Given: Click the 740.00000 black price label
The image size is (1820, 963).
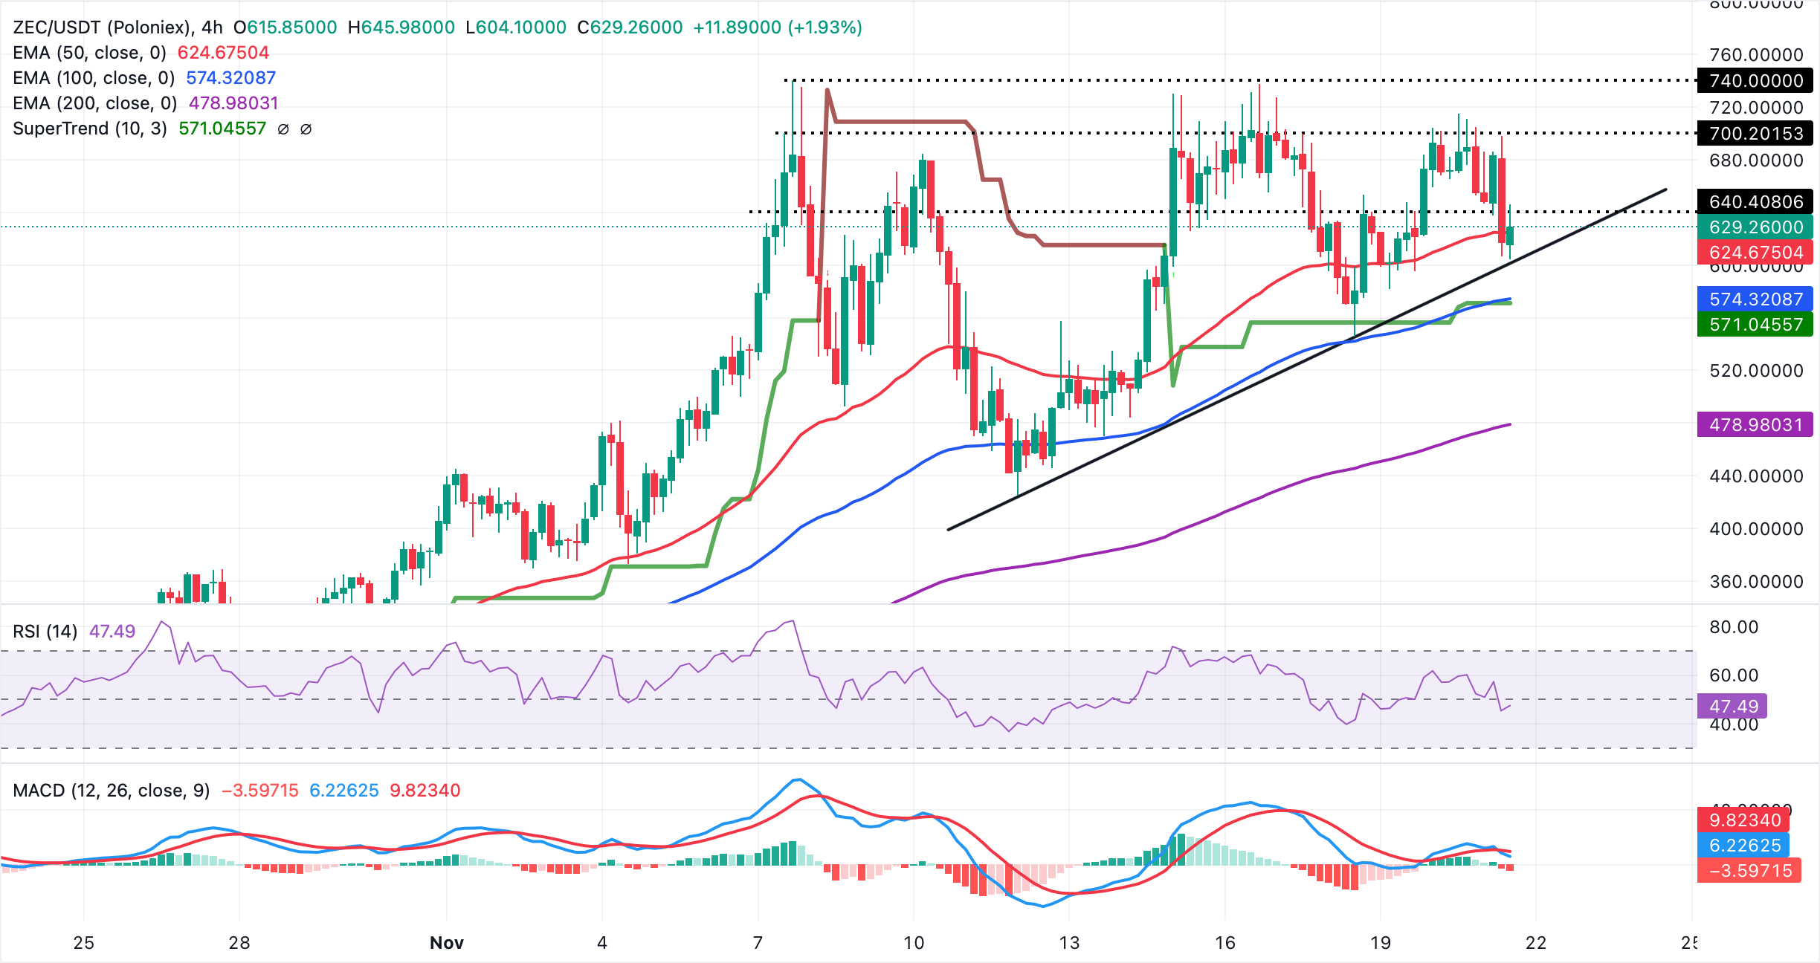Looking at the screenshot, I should click(1755, 80).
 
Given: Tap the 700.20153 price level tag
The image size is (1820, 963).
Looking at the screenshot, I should click(1755, 134).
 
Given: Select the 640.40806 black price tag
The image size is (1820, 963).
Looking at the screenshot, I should click(1755, 201).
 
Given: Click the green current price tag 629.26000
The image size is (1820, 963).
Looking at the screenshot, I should click(1755, 227).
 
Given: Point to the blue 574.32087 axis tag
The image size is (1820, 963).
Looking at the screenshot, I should click(1755, 299).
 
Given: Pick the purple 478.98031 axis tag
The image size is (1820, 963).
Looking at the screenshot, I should click(1755, 425).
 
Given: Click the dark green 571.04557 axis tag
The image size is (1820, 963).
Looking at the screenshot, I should click(1755, 325).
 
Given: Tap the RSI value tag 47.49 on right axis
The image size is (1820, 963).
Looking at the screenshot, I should click(1733, 706).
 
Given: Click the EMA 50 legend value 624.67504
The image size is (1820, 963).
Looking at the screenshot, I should click(223, 53).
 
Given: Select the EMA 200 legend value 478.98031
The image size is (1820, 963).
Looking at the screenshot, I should click(233, 103).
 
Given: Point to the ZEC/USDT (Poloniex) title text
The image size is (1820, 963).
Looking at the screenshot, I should click(101, 27).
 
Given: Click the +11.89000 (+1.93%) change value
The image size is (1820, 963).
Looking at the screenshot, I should click(777, 27).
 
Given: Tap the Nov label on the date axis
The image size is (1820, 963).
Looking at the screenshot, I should click(446, 943).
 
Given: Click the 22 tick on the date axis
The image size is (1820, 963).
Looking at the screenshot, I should click(1535, 943).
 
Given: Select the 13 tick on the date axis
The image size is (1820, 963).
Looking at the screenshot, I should click(1068, 943).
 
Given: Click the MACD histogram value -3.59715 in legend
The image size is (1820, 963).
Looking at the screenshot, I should click(259, 791).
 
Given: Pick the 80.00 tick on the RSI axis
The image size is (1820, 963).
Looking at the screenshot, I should click(1733, 627).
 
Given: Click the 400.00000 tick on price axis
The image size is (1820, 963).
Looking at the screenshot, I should click(1755, 529).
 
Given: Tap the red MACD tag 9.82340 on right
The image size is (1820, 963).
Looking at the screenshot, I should click(1744, 820).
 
